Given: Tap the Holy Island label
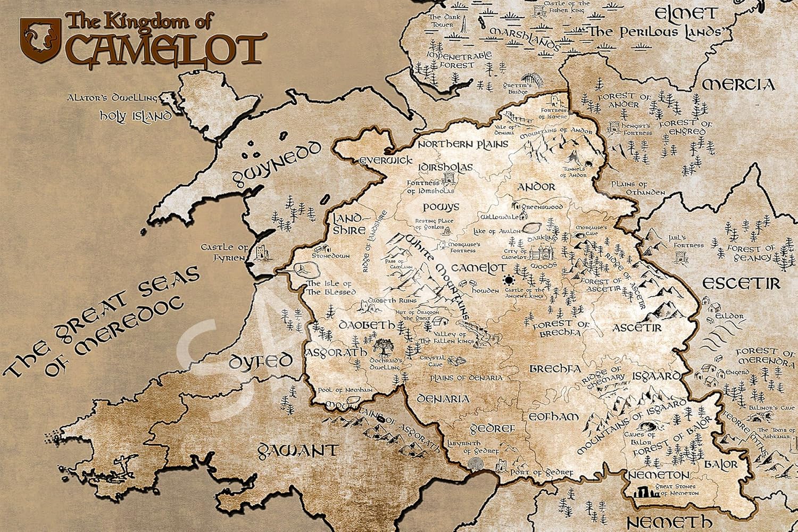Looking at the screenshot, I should coord(136,115).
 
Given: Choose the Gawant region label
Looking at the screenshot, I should coord(297,451).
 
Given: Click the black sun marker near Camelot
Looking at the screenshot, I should coord(510,280).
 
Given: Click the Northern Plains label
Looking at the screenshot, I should coord(462,144).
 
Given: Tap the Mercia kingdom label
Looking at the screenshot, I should coord(738,85).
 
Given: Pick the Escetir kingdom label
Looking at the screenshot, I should coord(741,283).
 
